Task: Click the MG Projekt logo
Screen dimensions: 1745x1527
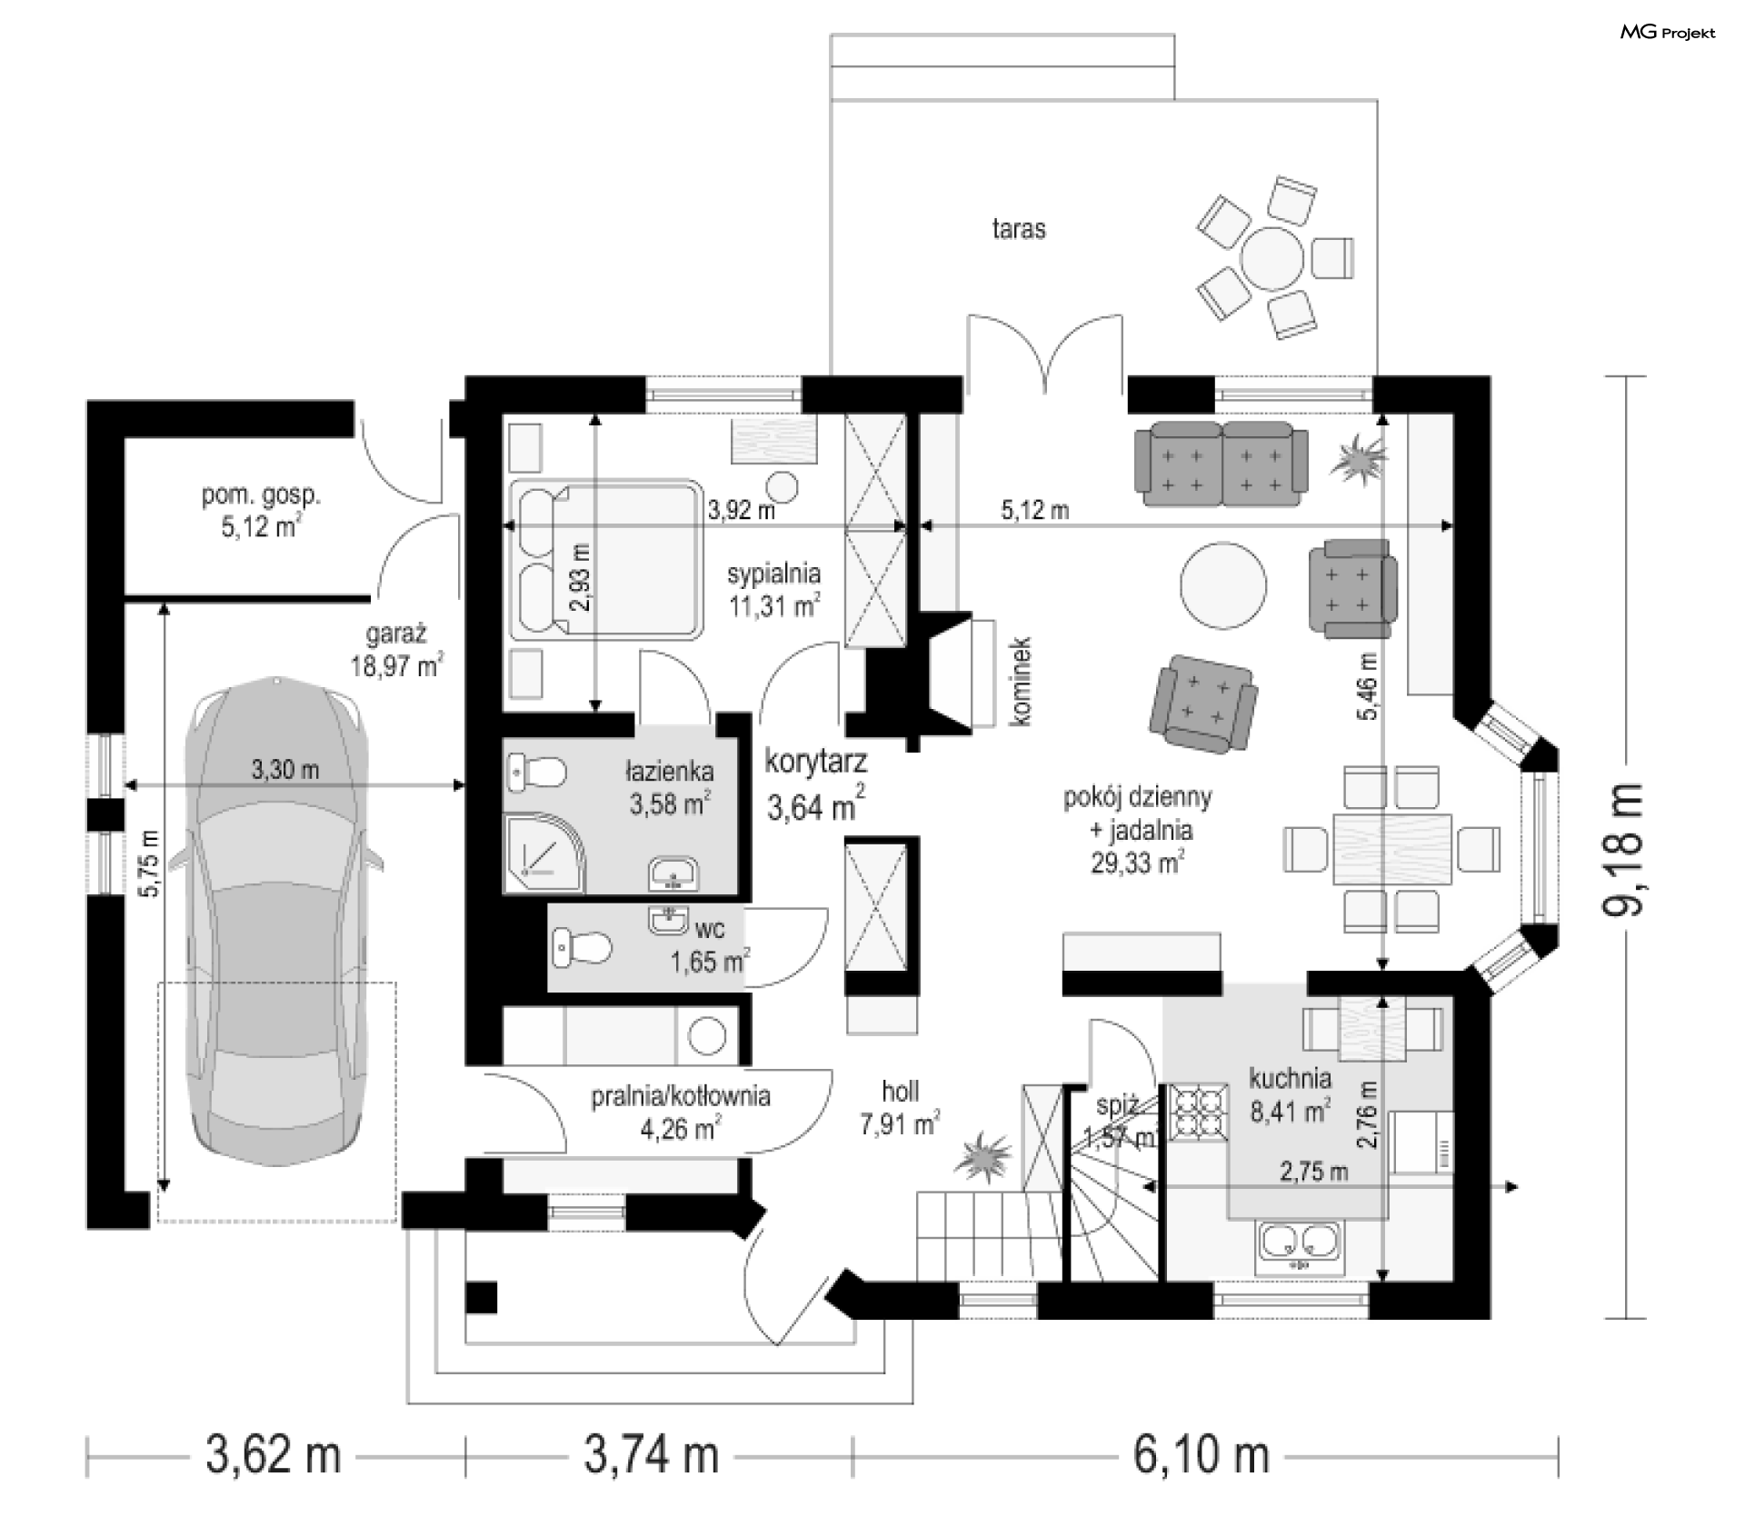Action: click(x=1669, y=33)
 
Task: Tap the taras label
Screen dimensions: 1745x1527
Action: click(x=1019, y=228)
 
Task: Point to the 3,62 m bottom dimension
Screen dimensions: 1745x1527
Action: click(x=274, y=1455)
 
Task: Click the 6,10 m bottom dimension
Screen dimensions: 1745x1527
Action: click(x=1202, y=1455)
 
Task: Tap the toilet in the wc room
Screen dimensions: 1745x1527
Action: click(x=581, y=947)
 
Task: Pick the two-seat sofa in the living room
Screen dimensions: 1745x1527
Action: click(x=1221, y=464)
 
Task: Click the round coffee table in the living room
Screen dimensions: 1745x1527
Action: click(x=1222, y=584)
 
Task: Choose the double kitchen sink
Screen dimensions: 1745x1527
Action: click(x=1299, y=1246)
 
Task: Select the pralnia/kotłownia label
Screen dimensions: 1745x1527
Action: click(x=681, y=1096)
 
